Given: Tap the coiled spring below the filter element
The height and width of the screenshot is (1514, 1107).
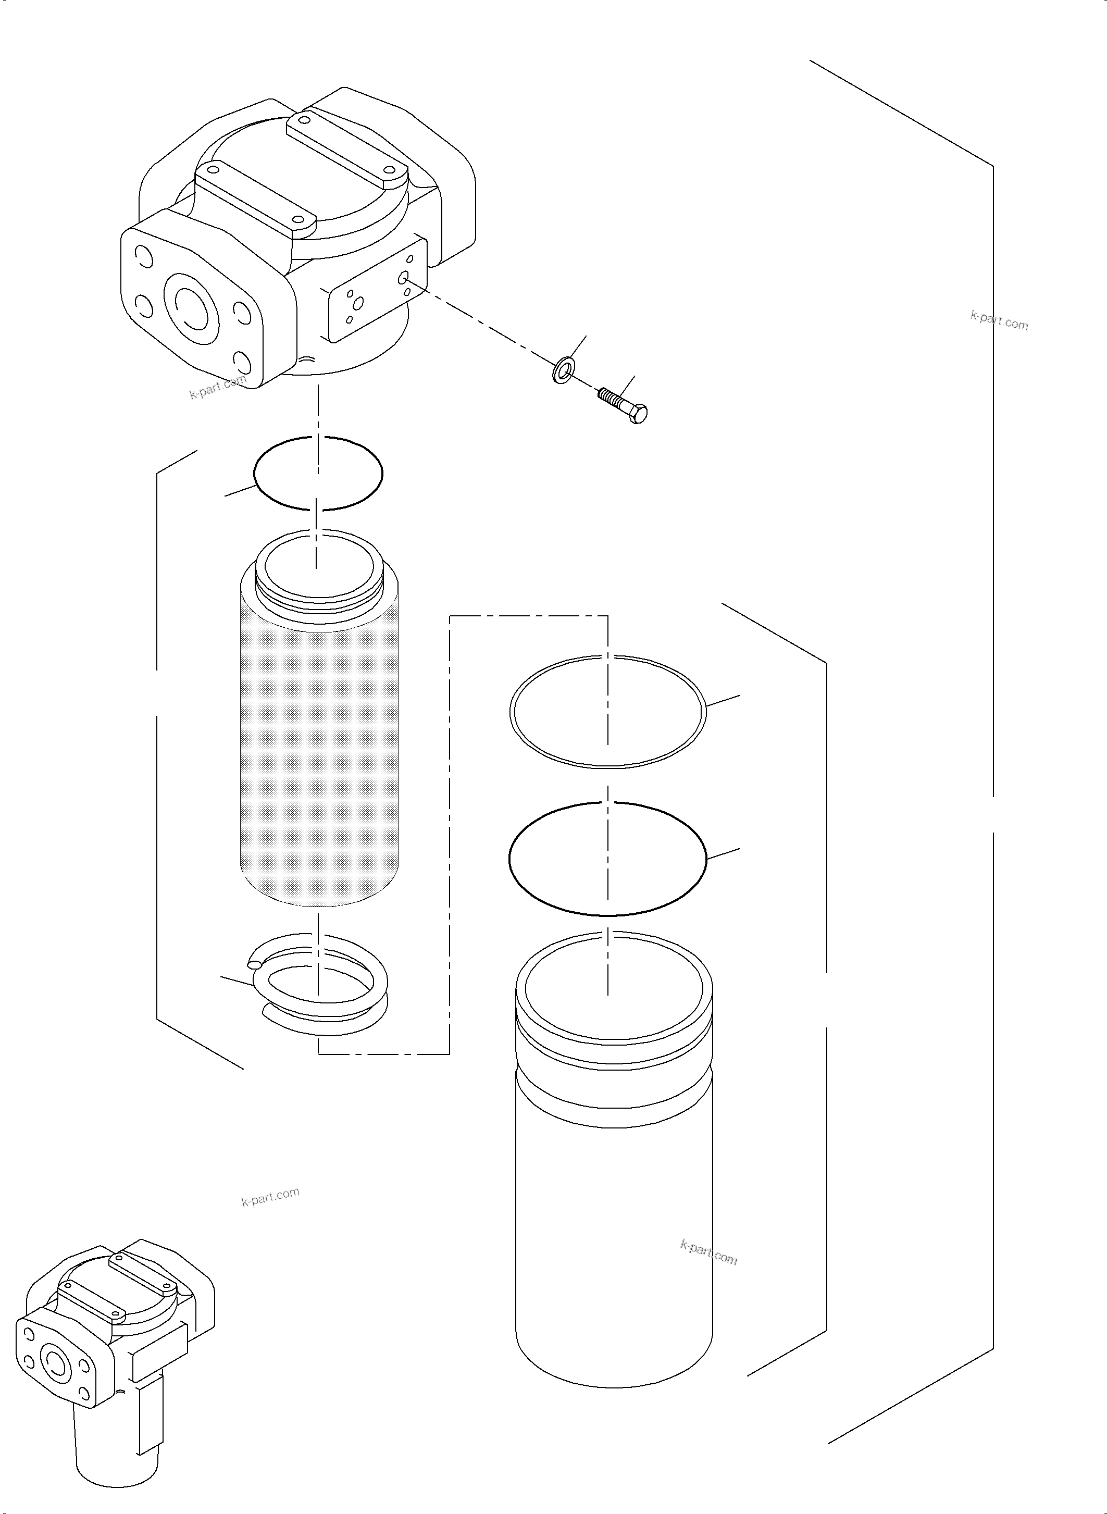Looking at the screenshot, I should (319, 991).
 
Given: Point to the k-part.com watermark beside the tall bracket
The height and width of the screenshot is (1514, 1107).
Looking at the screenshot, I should (999, 321).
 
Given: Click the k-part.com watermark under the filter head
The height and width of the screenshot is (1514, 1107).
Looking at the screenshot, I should (217, 388).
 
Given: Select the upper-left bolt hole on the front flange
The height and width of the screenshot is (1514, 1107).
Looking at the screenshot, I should (143, 255).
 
